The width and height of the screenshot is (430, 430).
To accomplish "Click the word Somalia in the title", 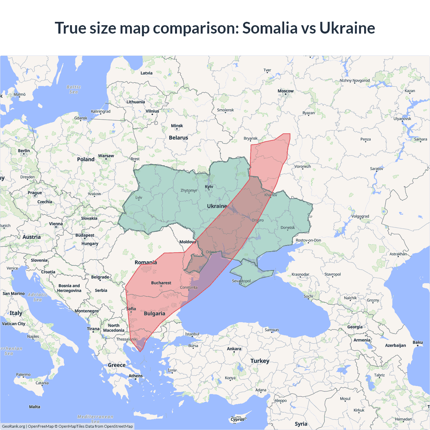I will (270, 28).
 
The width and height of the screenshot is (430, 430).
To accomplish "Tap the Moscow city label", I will (286, 91).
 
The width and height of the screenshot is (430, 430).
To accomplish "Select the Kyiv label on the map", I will (209, 187).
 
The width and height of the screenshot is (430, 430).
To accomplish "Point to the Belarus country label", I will (178, 138).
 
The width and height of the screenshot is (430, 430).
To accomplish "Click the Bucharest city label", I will (161, 283).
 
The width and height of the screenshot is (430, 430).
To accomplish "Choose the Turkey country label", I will (260, 361).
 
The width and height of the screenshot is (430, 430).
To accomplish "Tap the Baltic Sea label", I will (74, 89).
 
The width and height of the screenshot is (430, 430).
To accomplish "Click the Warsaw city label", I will (106, 156).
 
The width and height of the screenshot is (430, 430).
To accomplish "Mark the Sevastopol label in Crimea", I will (241, 281).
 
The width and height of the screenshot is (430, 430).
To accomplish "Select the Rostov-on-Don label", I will (308, 240).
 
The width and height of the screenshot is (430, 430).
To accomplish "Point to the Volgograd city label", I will (360, 216).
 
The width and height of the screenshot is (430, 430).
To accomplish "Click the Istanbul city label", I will (192, 334).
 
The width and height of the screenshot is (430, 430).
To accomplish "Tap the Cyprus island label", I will (237, 419).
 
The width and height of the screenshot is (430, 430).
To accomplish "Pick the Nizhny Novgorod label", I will (354, 81).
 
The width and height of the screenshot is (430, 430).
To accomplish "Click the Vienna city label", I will (56, 224).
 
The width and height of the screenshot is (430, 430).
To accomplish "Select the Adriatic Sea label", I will (38, 297).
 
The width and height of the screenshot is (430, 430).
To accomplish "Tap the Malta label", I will (35, 407).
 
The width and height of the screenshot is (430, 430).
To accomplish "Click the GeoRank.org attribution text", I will (13, 426).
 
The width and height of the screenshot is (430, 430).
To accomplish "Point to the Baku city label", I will (418, 342).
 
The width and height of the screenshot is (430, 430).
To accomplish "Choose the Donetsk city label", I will (288, 227).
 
